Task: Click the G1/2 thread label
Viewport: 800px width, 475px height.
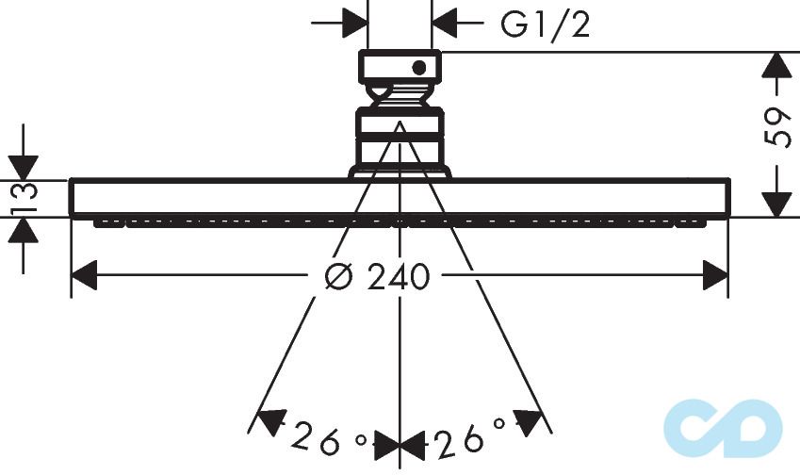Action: point(546,25)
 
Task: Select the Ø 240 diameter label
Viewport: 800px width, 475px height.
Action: point(376,276)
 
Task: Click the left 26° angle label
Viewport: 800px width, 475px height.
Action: point(324,436)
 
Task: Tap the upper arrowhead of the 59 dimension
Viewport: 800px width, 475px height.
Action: point(776,66)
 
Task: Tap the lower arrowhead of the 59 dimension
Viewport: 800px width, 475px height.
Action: point(776,203)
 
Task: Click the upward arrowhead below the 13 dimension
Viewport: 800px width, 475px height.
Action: point(23,230)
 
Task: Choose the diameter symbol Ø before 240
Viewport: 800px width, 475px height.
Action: point(337,276)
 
